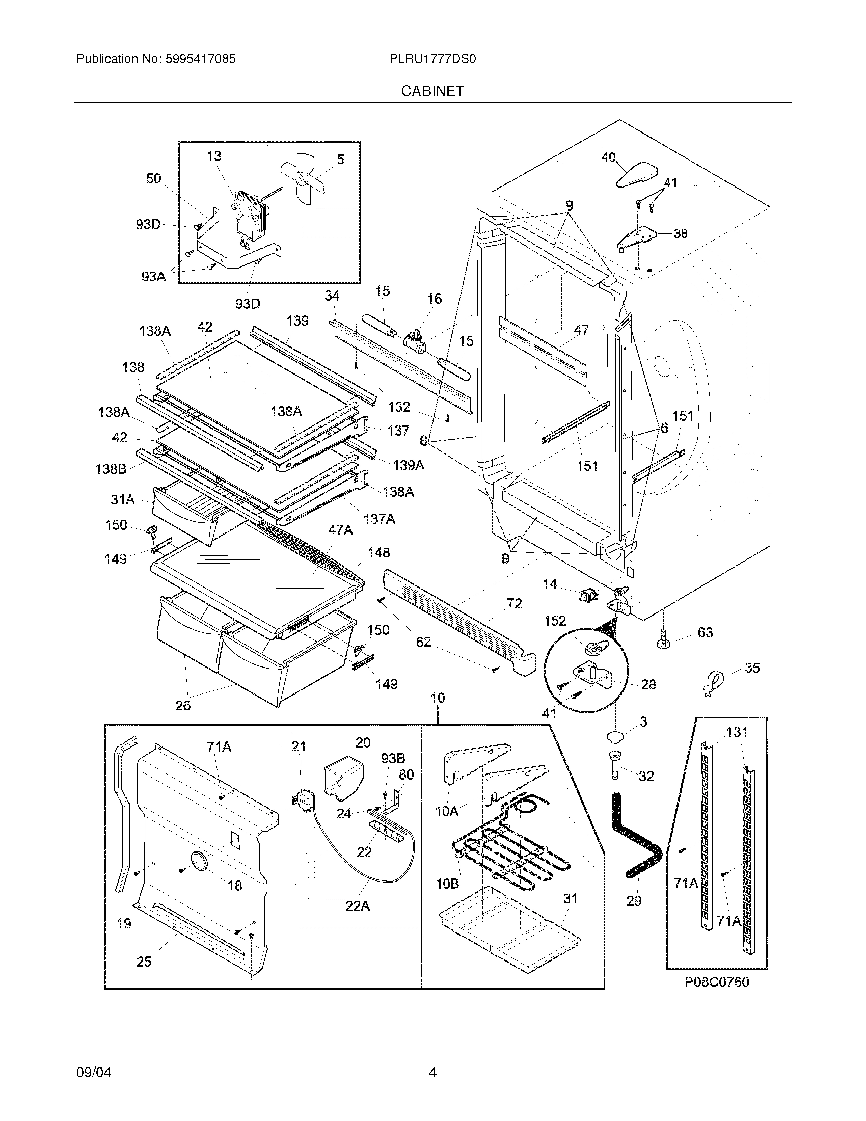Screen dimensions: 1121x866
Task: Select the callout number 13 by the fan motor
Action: click(x=214, y=156)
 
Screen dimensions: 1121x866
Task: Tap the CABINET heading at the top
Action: click(x=432, y=91)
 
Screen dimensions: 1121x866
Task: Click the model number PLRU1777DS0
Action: click(x=432, y=59)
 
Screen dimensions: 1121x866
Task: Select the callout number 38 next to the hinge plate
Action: click(x=680, y=233)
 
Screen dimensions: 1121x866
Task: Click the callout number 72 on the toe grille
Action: click(x=514, y=604)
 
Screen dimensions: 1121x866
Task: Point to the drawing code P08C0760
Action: click(x=717, y=982)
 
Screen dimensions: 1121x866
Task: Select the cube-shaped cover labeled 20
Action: click(x=343, y=781)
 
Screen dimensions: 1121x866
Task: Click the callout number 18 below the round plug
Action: click(x=234, y=885)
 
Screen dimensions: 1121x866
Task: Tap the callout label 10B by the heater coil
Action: click(x=447, y=884)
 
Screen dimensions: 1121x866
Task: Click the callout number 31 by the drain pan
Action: click(x=570, y=899)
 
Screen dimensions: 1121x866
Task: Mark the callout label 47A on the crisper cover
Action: click(x=340, y=530)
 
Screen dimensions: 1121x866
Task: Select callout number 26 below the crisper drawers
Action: click(x=183, y=705)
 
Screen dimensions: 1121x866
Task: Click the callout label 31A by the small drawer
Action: click(x=123, y=499)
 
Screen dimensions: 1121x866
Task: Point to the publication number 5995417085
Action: click(x=200, y=59)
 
